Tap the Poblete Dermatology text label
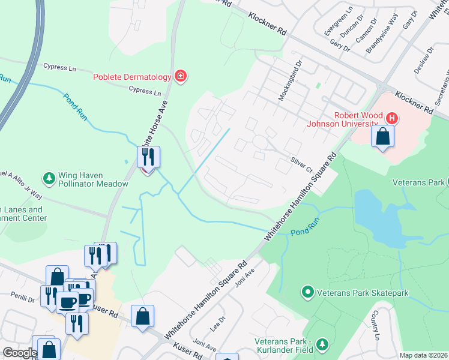(131, 77)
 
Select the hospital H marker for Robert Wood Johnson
(391, 118)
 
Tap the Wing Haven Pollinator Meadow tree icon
(49, 178)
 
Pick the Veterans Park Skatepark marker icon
(307, 292)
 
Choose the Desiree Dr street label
(422, 61)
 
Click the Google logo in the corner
(19, 353)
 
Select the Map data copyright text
(423, 355)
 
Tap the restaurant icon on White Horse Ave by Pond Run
(148, 157)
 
